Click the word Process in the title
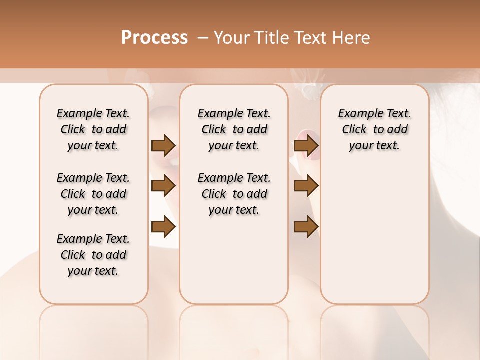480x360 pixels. [154, 38]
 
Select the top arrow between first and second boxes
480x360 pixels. [163, 145]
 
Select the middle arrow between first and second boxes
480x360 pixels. [163, 186]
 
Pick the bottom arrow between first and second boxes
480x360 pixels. [163, 227]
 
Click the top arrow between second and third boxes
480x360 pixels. [306, 145]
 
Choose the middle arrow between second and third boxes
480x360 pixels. [306, 186]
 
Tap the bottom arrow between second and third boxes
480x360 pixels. [306, 227]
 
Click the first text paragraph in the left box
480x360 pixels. [93, 129]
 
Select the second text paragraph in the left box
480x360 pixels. [93, 194]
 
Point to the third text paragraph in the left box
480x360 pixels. [93, 255]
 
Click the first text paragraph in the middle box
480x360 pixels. [234, 129]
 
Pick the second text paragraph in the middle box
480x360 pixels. [234, 194]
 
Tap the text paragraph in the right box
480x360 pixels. [375, 129]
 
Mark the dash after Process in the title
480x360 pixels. [202, 38]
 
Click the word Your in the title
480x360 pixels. [231, 38]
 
